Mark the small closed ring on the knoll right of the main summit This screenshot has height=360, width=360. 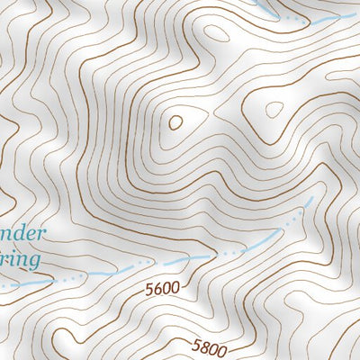click(274, 109)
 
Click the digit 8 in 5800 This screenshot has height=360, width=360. click(203, 345)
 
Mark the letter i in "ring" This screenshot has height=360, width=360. click(13, 259)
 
